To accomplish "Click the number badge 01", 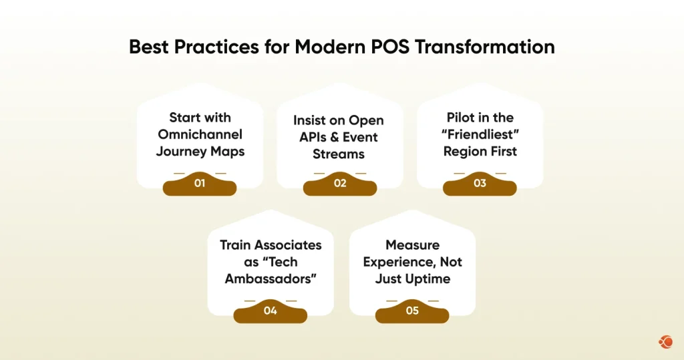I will (199, 183).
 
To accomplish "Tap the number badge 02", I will (340, 183).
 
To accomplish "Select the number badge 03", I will (480, 183).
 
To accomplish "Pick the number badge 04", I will (270, 311).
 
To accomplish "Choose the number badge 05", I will (412, 311).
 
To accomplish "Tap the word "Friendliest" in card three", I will (480, 134).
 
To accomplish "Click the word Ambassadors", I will (271, 279).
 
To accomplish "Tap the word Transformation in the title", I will (495, 47).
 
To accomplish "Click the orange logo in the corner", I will (665, 342).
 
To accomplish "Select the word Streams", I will (339, 154).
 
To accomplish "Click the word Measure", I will (412, 245).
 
